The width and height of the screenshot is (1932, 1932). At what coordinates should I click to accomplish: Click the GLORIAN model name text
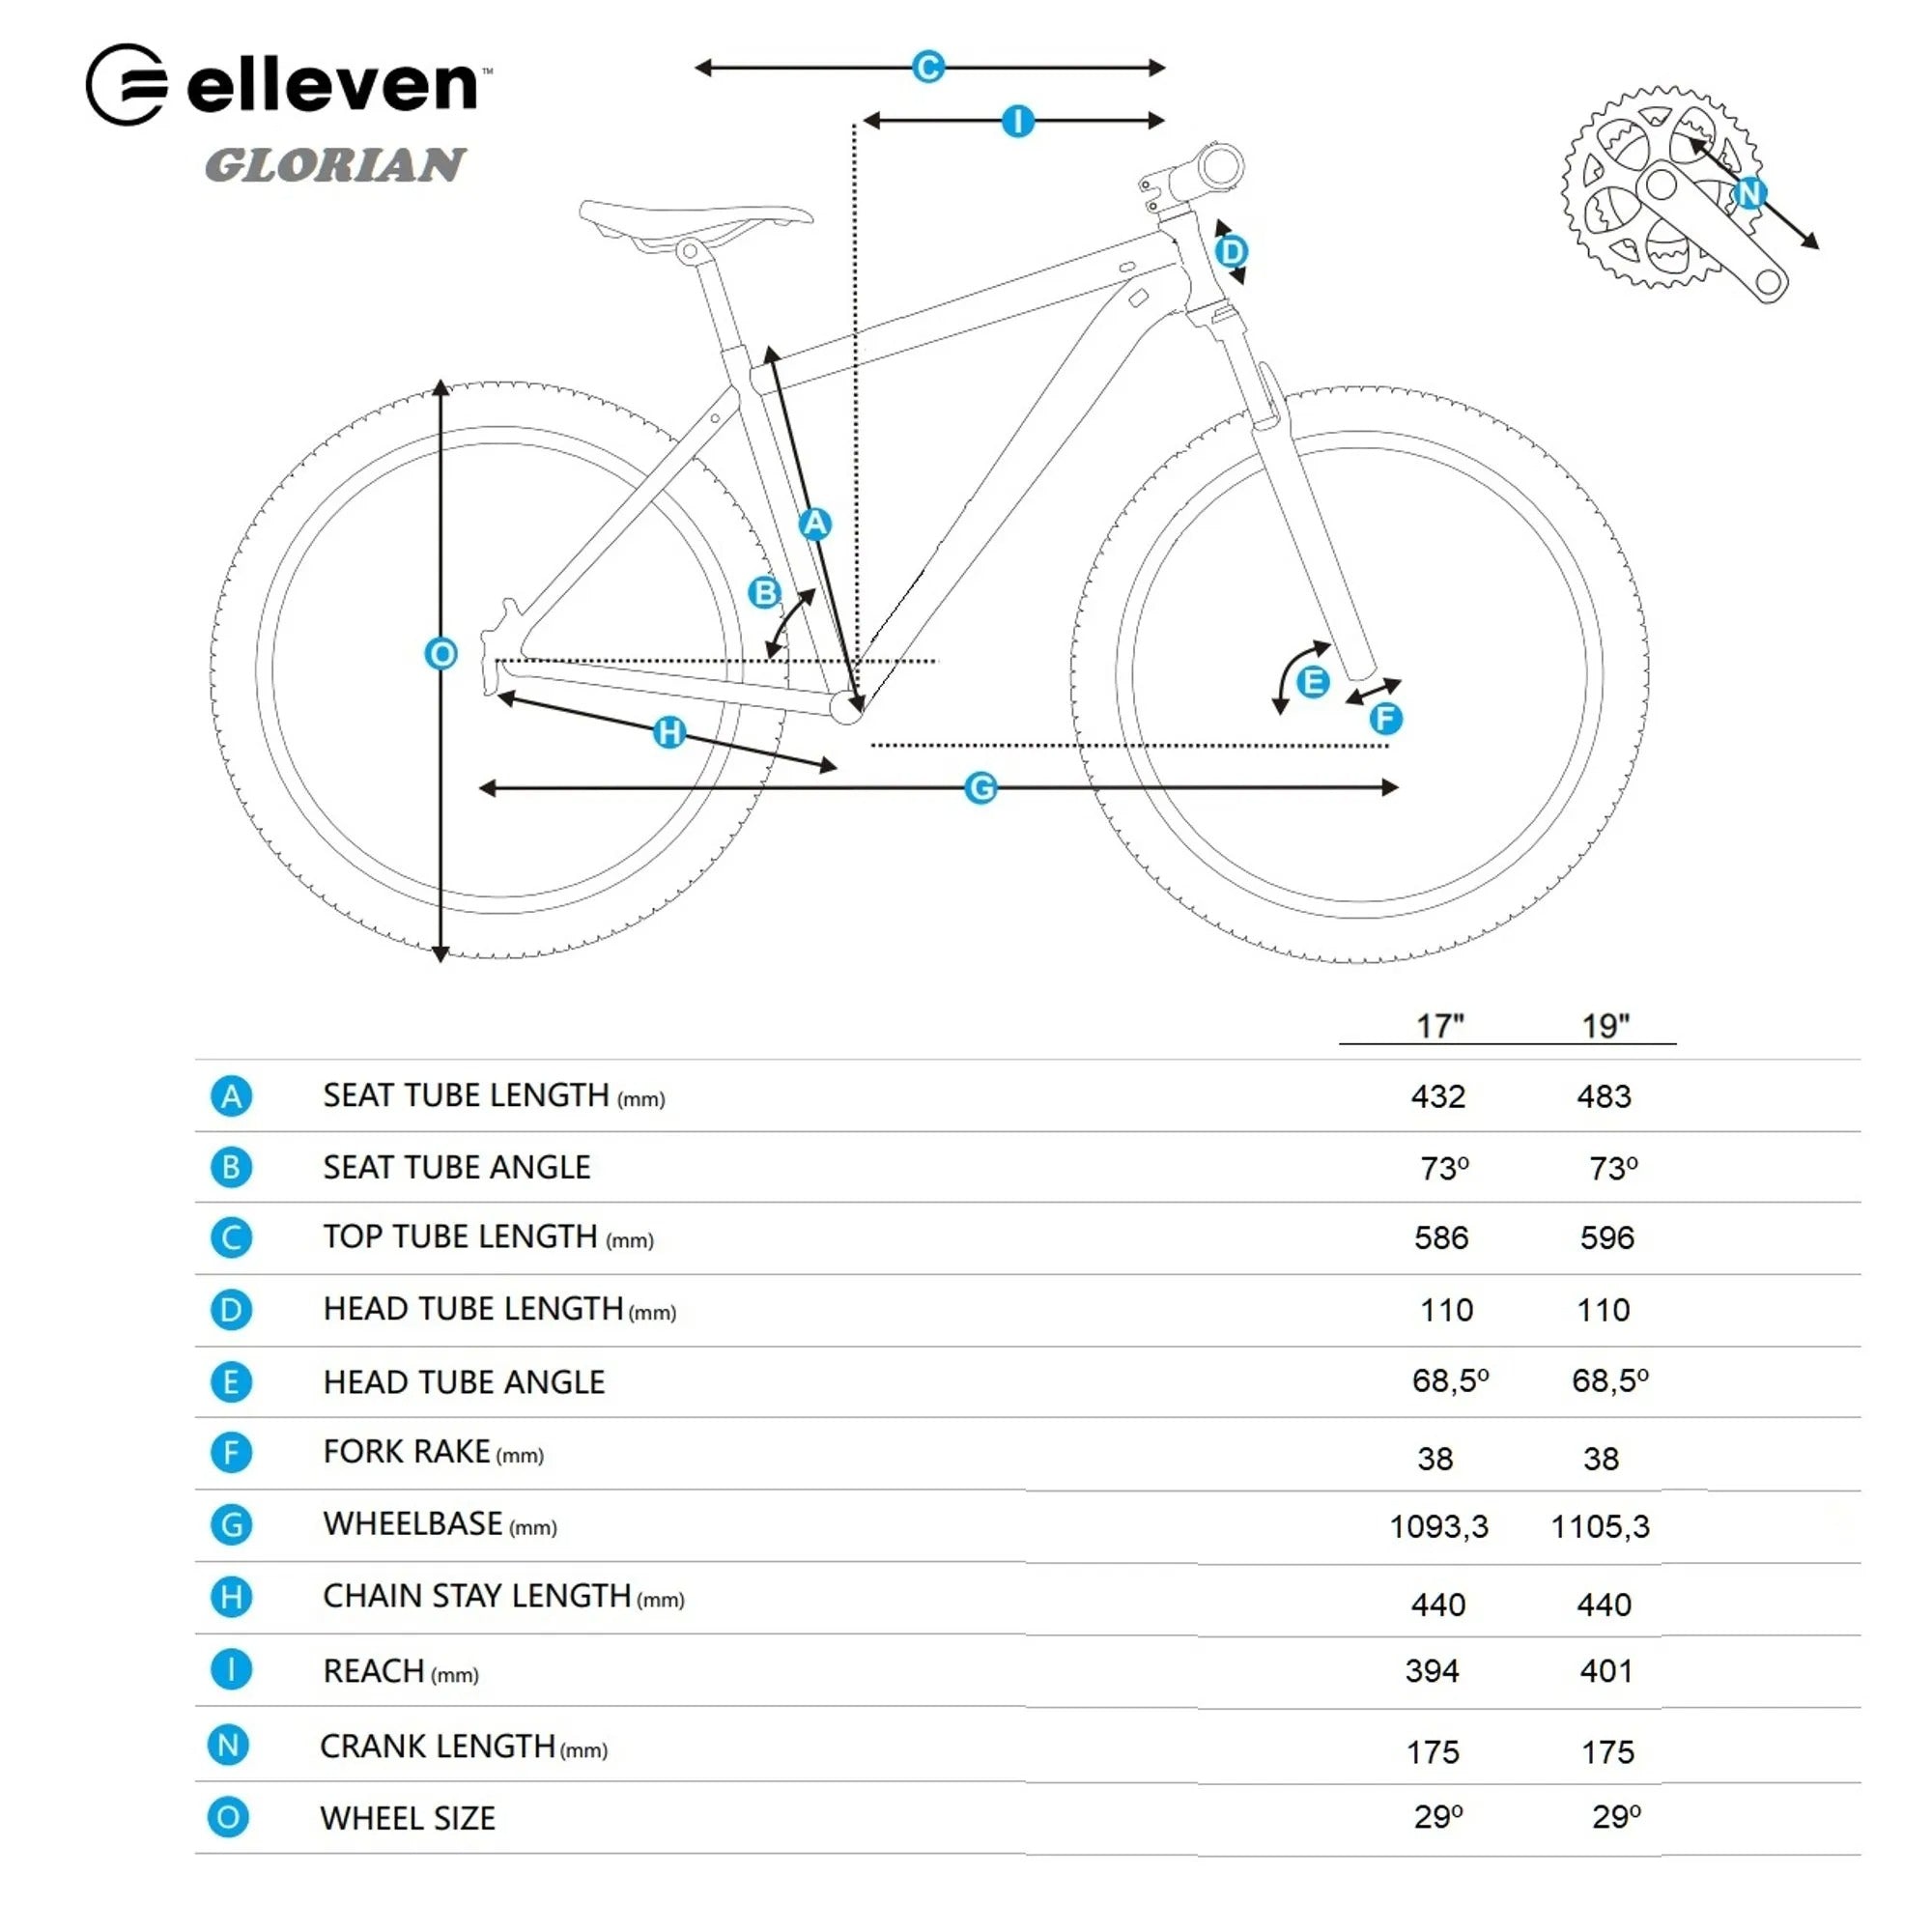(335, 165)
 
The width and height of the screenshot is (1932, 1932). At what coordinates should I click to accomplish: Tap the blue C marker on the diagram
(928, 67)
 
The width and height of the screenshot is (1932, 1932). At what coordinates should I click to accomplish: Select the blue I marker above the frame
(1018, 121)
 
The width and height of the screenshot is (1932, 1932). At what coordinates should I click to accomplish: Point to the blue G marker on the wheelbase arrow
(981, 788)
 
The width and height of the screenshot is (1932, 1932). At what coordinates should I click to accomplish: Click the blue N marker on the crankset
(1749, 192)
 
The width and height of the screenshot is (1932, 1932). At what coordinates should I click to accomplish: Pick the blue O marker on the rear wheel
(441, 654)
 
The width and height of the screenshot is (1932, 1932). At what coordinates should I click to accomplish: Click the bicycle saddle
(696, 223)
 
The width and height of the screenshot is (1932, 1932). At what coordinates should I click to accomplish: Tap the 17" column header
(1440, 1026)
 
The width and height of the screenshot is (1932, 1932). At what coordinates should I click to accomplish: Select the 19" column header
(1605, 1026)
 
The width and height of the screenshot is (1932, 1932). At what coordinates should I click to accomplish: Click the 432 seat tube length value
(1438, 1097)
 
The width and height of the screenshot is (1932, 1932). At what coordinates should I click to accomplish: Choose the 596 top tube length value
(1607, 1238)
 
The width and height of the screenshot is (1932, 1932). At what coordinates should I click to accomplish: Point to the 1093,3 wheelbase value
(1439, 1527)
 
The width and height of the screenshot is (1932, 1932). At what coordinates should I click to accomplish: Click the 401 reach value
(1606, 1671)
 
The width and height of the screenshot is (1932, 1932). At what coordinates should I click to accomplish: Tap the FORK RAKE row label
(433, 1452)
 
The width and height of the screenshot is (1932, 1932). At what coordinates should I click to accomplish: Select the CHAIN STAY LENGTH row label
(503, 1596)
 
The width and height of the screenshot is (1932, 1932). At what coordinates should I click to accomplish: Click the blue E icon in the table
(231, 1382)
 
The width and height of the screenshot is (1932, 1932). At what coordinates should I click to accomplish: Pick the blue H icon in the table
(231, 1597)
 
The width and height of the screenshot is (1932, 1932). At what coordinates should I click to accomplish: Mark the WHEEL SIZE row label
(408, 1818)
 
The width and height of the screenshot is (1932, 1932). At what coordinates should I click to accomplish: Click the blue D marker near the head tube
(1232, 251)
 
